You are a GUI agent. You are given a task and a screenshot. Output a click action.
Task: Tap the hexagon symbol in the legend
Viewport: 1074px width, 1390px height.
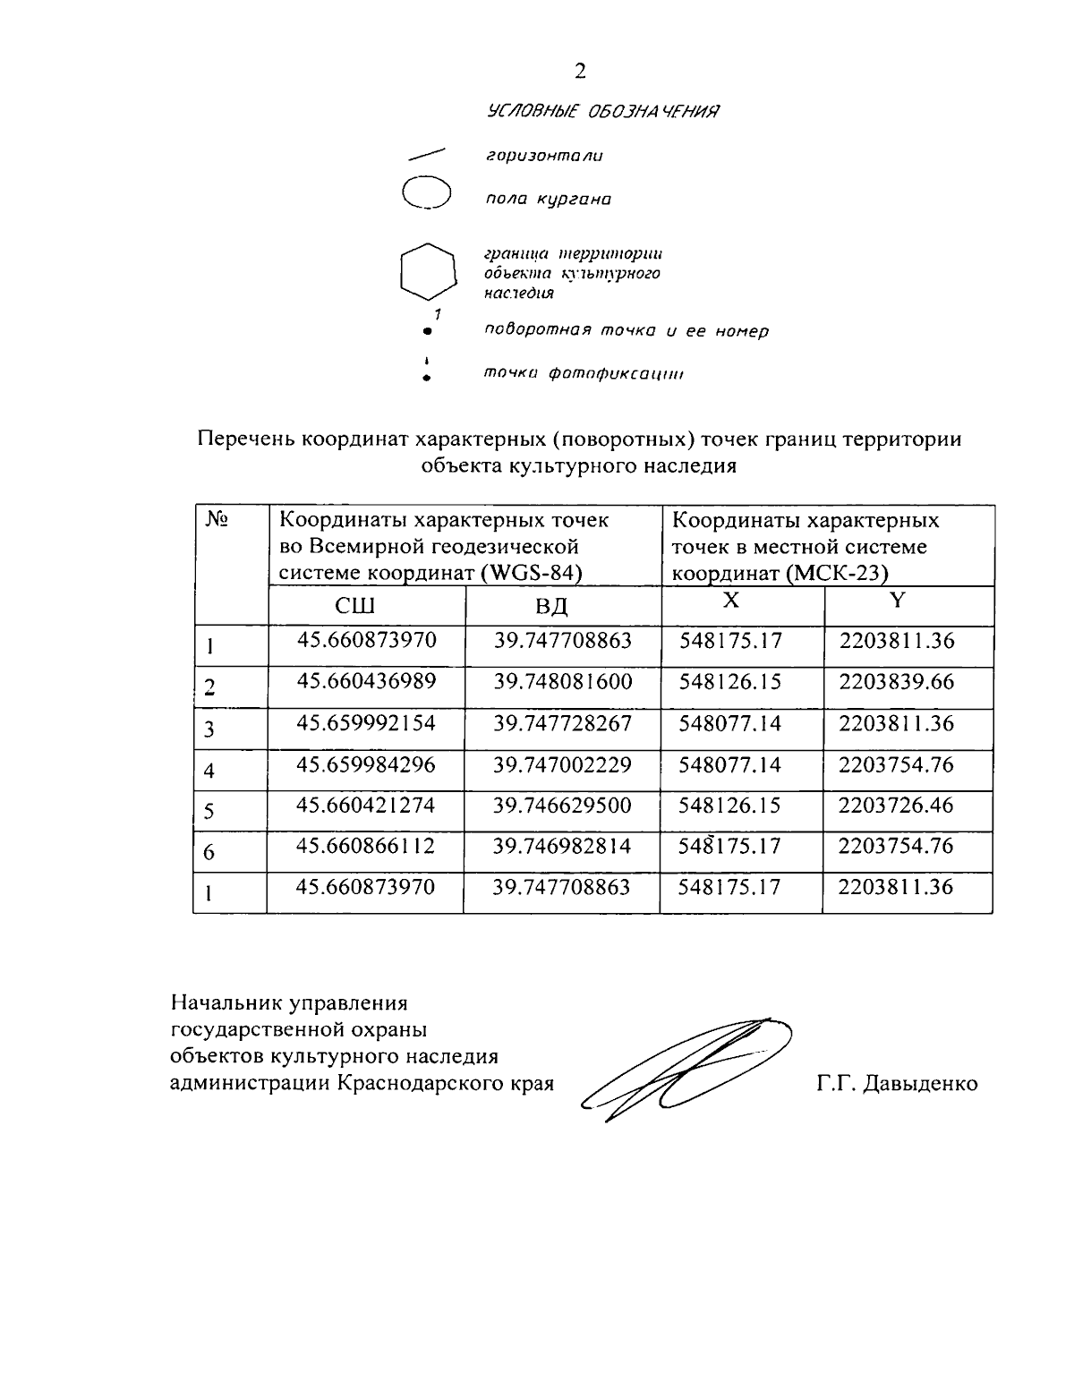coord(426,270)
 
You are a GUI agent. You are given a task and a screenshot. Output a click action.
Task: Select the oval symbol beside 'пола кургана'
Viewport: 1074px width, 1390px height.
coord(426,192)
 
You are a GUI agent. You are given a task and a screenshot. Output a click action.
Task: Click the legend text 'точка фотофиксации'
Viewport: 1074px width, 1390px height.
coord(584,373)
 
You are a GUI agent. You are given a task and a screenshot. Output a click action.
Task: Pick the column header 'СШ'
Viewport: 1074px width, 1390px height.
coord(355,606)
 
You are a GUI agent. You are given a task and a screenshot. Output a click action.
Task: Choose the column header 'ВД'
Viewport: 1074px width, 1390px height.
coord(552,606)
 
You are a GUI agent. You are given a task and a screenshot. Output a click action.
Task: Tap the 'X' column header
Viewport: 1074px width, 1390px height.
coord(731,601)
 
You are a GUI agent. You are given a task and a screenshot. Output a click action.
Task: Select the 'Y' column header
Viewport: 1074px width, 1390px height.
coord(898,601)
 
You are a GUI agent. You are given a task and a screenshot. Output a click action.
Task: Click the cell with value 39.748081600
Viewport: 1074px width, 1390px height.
coord(563,682)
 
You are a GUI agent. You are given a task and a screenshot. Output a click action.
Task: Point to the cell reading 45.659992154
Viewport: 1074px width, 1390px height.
coord(366,723)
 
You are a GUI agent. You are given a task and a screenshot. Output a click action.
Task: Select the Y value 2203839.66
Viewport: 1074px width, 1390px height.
coord(897,682)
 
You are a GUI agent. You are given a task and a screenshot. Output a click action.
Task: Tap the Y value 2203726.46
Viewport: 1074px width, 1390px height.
coord(897,806)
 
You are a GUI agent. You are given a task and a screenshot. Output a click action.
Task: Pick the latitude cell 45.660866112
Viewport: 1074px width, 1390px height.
coord(366,846)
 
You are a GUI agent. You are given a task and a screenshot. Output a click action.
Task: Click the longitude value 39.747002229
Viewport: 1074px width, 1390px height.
coord(563,764)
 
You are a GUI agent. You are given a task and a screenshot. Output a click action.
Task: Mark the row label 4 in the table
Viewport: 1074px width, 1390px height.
coord(209,771)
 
